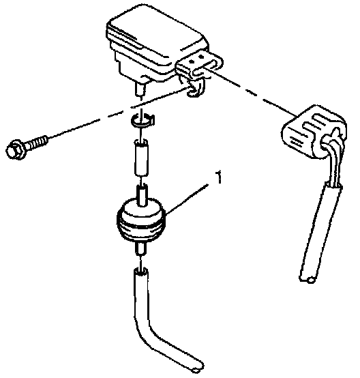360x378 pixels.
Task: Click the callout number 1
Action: click(219, 177)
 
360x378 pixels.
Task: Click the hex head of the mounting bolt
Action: click(15, 149)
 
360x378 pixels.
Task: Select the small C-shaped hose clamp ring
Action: click(143, 120)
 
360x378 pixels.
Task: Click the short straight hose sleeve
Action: click(141, 157)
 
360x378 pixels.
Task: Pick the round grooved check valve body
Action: click(141, 220)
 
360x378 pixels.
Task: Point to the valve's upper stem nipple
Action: click(142, 194)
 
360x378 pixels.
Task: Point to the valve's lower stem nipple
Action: click(140, 248)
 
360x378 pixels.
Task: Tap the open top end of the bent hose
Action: click(141, 271)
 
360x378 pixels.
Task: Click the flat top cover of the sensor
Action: click(157, 33)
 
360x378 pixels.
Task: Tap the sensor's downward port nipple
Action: click(140, 89)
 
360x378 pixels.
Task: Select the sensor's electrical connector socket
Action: click(200, 65)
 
